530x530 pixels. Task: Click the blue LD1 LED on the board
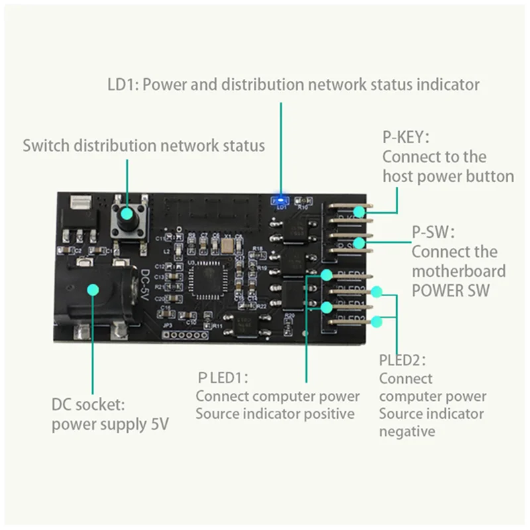tap(281, 199)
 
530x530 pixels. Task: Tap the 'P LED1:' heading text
tap(223, 378)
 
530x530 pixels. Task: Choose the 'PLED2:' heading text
tap(402, 360)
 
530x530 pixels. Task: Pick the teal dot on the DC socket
tap(93, 290)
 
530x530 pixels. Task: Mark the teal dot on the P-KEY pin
tap(358, 212)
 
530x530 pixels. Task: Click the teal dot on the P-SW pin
tap(358, 243)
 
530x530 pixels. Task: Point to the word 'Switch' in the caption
tap(45, 145)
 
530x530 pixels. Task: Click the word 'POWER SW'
tap(454, 290)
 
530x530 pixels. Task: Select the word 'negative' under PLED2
tap(407, 431)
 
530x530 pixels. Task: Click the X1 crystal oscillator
tap(228, 247)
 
